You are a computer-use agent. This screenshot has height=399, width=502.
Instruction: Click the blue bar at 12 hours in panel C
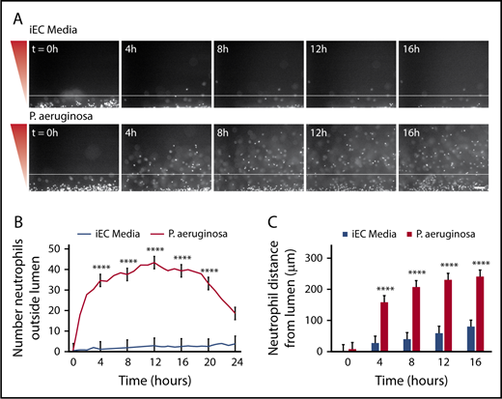(415, 342)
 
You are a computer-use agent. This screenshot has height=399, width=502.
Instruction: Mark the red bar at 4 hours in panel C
(385, 327)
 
